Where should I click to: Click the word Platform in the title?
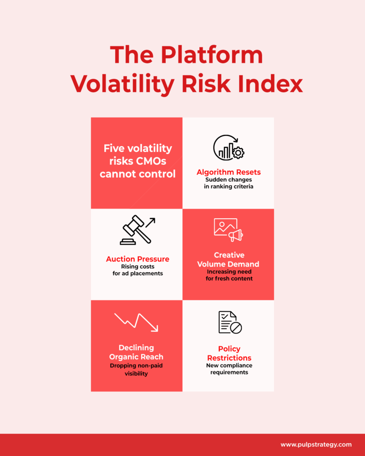[212, 55]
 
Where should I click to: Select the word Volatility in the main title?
[123, 84]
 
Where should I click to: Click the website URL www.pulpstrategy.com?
[316, 445]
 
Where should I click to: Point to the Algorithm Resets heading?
[229, 172]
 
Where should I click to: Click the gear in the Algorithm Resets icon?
[238, 152]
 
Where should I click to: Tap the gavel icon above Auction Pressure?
[135, 230]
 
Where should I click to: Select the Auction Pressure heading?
[138, 259]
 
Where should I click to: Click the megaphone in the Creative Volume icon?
[235, 235]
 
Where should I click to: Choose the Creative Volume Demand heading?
[229, 260]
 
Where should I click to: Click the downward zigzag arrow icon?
[136, 322]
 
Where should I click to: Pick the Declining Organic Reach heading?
[136, 352]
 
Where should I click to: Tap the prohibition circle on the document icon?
[236, 327]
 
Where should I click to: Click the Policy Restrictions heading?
[229, 353]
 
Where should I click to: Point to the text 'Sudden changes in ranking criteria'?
[229, 183]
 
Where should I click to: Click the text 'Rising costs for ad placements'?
[138, 270]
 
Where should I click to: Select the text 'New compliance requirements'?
[229, 369]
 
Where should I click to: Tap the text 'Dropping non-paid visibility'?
[136, 370]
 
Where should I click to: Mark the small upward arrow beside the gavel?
[150, 223]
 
